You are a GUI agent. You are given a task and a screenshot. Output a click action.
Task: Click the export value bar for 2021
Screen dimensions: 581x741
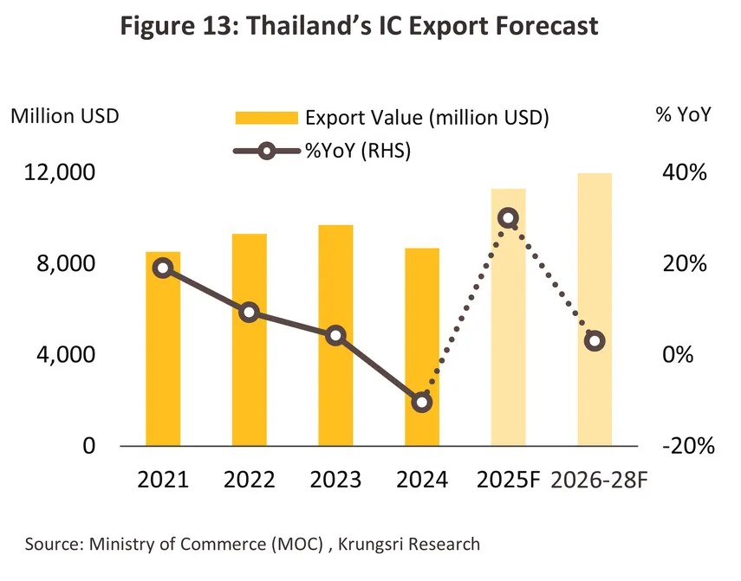tap(163, 364)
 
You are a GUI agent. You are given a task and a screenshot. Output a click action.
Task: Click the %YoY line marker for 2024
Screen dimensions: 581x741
tap(422, 402)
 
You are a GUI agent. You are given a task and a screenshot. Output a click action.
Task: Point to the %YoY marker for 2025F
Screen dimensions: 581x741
tap(509, 218)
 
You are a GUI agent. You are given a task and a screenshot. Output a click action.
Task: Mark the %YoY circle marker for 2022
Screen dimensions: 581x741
tap(250, 313)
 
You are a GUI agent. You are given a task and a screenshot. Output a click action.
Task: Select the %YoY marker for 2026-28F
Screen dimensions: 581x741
tap(595, 341)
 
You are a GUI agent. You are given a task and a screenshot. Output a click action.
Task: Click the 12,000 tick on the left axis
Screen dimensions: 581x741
tap(55, 172)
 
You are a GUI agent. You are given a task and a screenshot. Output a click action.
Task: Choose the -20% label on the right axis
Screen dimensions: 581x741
tap(686, 447)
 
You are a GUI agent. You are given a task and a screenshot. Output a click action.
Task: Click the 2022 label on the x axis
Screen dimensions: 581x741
tap(250, 480)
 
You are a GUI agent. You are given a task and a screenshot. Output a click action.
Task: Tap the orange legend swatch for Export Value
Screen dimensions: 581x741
tap(265, 118)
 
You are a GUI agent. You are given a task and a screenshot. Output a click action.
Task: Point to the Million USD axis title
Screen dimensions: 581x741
tap(65, 116)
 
